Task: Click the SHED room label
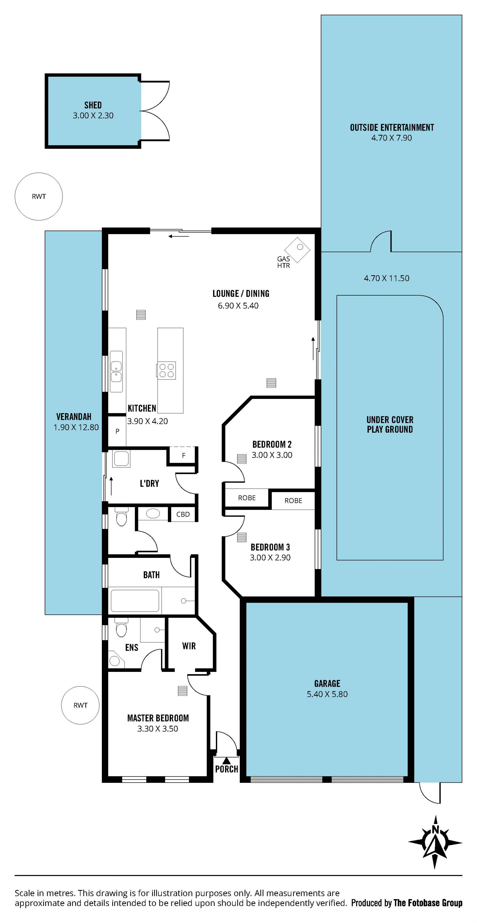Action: (x=93, y=105)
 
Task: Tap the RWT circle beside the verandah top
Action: (x=39, y=196)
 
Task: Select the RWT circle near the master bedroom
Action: (x=80, y=705)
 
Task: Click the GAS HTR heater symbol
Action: (x=297, y=250)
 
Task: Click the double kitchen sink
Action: (x=116, y=372)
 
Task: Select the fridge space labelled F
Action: (x=184, y=455)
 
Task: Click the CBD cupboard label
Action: (x=183, y=514)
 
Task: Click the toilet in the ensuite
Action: (x=121, y=627)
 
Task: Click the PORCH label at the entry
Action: (x=227, y=769)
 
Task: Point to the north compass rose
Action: (x=435, y=842)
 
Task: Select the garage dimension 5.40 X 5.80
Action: (x=327, y=694)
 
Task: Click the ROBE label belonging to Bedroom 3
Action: (x=293, y=500)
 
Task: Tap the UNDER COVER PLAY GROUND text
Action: (x=390, y=424)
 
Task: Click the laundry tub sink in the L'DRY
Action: (x=121, y=459)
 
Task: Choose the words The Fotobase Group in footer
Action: (x=428, y=903)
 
